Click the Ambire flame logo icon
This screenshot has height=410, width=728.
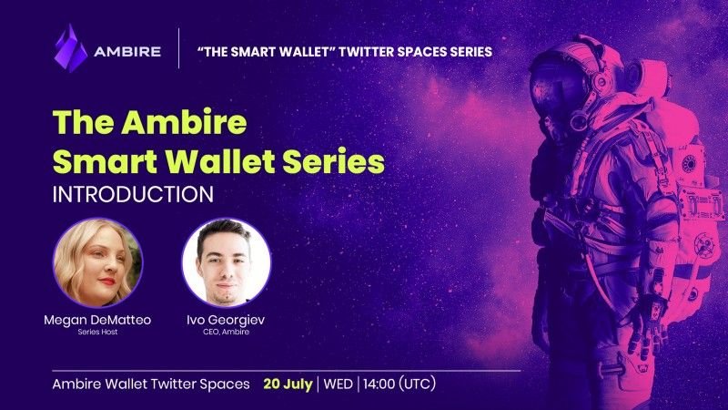tap(71, 48)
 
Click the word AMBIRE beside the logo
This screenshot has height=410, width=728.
tap(127, 52)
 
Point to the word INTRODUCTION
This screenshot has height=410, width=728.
tap(133, 194)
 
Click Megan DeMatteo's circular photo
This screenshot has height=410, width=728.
tap(98, 262)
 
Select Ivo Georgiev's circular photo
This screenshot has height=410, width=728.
tap(226, 262)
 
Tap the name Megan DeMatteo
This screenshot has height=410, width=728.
tap(97, 320)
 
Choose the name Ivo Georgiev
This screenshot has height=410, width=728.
tap(226, 321)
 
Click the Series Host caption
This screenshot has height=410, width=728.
tap(97, 332)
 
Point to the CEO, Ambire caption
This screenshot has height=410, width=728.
tap(226, 332)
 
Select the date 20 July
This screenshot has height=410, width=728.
tap(288, 384)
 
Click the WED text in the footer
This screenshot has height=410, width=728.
tap(338, 384)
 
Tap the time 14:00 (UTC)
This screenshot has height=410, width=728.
tap(399, 384)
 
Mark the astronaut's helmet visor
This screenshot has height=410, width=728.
tap(555, 92)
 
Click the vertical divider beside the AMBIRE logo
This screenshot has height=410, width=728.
tap(178, 48)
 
